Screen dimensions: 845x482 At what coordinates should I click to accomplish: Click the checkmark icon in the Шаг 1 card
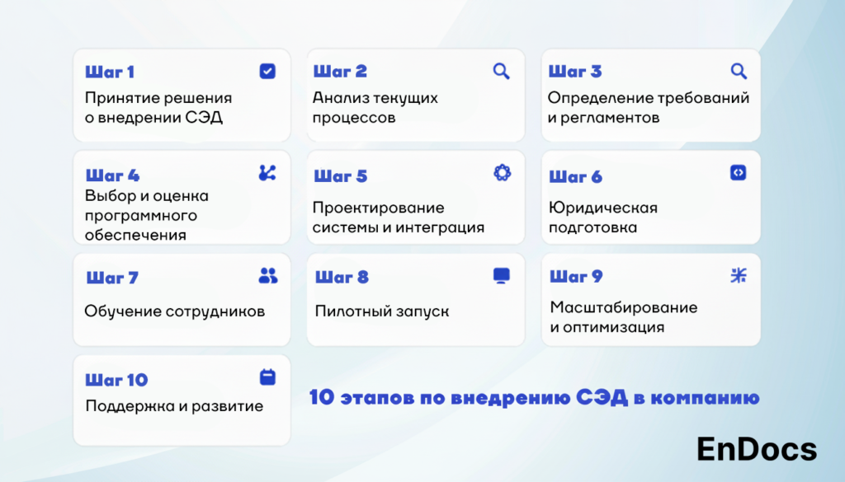[x=267, y=71]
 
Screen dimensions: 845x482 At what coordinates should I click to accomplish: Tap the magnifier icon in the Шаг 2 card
[x=501, y=71]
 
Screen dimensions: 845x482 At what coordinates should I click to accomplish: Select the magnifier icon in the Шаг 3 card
[x=739, y=71]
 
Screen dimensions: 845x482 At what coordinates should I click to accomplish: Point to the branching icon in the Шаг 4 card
[x=267, y=173]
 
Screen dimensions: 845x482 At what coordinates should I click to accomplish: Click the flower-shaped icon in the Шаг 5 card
[x=503, y=173]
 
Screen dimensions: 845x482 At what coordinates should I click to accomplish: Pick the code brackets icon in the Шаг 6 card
[x=739, y=173]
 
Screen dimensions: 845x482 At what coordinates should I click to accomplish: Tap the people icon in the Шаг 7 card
[x=268, y=275]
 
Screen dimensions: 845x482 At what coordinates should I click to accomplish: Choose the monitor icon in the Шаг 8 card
[x=501, y=276]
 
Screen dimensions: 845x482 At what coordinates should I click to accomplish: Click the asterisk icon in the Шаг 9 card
[x=739, y=275]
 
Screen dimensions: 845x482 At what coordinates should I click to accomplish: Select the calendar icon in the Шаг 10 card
[x=267, y=377]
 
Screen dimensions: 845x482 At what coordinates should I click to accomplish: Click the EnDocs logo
[x=757, y=449]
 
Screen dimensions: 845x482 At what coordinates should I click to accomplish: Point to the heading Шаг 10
[x=116, y=380]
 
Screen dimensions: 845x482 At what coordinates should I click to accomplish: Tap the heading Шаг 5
[x=341, y=175]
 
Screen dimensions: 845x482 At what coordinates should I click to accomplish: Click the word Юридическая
[x=603, y=208]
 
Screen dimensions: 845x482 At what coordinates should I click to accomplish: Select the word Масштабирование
[x=624, y=307]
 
